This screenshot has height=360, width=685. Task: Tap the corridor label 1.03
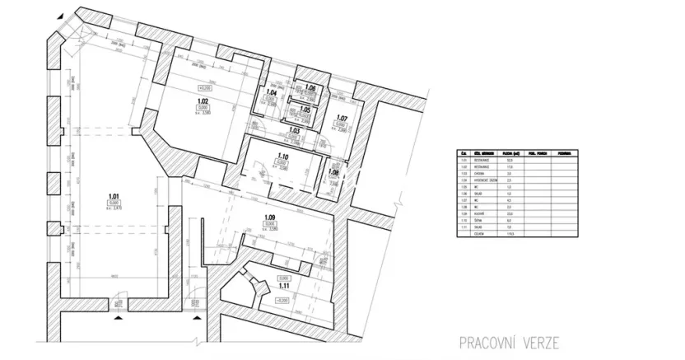294,130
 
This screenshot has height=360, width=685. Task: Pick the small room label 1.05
304,109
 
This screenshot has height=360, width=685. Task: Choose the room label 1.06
310,87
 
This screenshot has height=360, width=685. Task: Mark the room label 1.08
334,172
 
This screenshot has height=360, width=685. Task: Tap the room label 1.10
282,157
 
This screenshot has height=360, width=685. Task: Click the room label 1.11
283,286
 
